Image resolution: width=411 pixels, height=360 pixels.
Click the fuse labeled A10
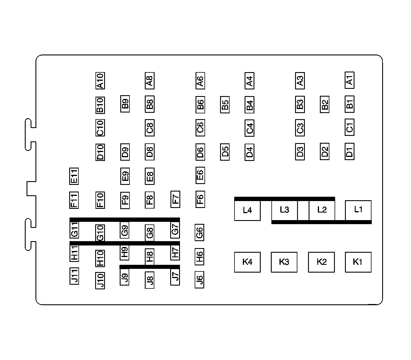pyautogui.click(x=100, y=81)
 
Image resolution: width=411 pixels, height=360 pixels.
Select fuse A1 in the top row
pyautogui.click(x=350, y=80)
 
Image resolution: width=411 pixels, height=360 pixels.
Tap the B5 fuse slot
pyautogui.click(x=225, y=105)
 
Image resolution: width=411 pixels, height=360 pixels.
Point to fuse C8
pyautogui.click(x=150, y=128)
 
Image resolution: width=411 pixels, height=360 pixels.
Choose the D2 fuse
pyautogui.click(x=324, y=151)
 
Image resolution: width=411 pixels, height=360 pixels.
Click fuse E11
pyautogui.click(x=74, y=176)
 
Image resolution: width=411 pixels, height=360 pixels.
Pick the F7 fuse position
pyautogui.click(x=175, y=199)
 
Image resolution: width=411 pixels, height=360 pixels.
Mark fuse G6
pyautogui.click(x=200, y=232)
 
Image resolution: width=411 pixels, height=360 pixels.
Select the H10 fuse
pyautogui.click(x=100, y=258)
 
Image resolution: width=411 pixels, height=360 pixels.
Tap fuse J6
pyautogui.click(x=200, y=280)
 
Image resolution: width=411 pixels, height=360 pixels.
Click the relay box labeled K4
pyautogui.click(x=247, y=262)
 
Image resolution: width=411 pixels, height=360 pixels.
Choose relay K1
pyautogui.click(x=358, y=262)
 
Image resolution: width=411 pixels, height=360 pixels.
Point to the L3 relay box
pyautogui.click(x=284, y=210)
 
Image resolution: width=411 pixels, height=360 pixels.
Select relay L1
pyautogui.click(x=358, y=210)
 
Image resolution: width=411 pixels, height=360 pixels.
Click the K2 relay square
pyautogui.click(x=321, y=262)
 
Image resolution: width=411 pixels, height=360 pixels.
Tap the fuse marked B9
pyautogui.click(x=125, y=104)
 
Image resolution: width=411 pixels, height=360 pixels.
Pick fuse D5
pyautogui.click(x=225, y=151)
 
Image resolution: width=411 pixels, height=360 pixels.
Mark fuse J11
pyautogui.click(x=74, y=276)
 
